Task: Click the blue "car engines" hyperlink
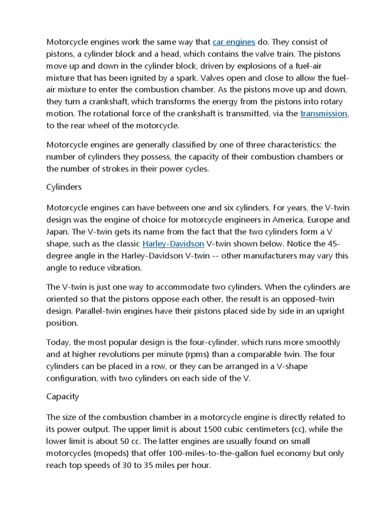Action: (x=234, y=41)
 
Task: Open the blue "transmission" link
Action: (x=324, y=114)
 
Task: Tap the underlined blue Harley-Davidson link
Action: (x=173, y=244)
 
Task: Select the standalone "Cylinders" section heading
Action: (x=64, y=187)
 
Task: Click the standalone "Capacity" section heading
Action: (x=63, y=396)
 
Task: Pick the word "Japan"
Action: (x=59, y=232)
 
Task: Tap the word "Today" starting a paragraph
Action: (x=58, y=342)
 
